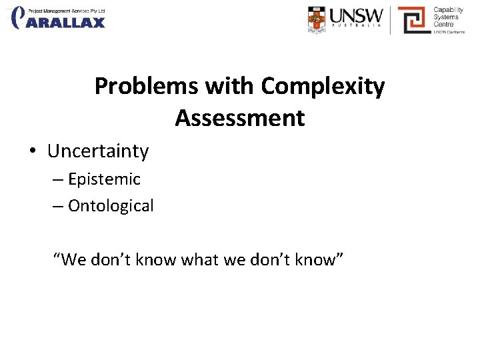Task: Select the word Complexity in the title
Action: click(x=323, y=87)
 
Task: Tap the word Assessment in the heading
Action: click(x=240, y=118)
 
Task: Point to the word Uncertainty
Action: click(x=98, y=151)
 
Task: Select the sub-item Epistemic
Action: click(x=104, y=179)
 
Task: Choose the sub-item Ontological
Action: click(x=111, y=206)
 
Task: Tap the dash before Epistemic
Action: click(x=57, y=180)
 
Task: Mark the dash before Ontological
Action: click(x=57, y=207)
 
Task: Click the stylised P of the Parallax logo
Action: click(x=19, y=17)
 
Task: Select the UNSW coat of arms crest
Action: click(x=317, y=19)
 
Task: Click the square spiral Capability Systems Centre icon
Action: click(x=413, y=20)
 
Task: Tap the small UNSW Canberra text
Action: click(x=449, y=32)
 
